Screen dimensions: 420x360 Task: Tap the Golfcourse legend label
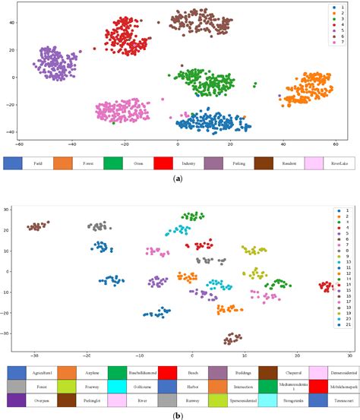(140, 387)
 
